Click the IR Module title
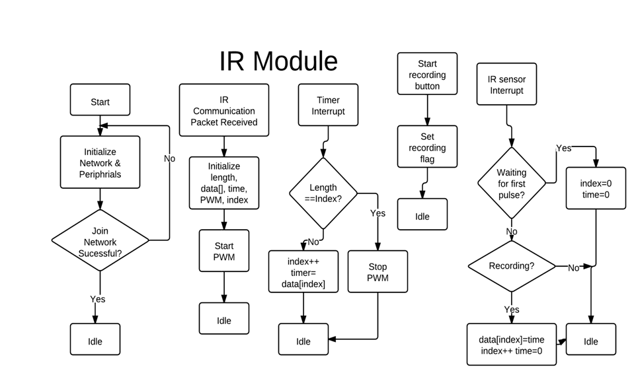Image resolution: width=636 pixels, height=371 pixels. (x=278, y=61)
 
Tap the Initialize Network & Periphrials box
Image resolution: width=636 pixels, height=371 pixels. (x=100, y=162)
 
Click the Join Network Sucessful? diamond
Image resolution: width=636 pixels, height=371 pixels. (x=100, y=241)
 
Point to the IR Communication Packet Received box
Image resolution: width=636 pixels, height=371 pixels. (x=224, y=110)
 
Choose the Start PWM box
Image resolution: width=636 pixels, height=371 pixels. (x=224, y=252)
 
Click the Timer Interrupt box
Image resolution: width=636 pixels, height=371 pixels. (x=328, y=106)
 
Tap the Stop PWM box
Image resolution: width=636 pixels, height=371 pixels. (x=378, y=272)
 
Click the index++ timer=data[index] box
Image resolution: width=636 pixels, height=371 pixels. (x=303, y=272)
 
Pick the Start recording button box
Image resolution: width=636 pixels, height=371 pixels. (x=427, y=75)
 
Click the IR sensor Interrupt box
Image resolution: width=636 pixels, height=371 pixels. (x=507, y=84)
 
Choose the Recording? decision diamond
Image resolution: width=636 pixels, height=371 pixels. (x=512, y=266)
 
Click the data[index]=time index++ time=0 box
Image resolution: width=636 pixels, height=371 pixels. (x=511, y=345)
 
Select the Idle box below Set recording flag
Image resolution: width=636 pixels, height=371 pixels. (x=422, y=215)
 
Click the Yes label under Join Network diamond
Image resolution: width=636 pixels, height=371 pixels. (x=98, y=299)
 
